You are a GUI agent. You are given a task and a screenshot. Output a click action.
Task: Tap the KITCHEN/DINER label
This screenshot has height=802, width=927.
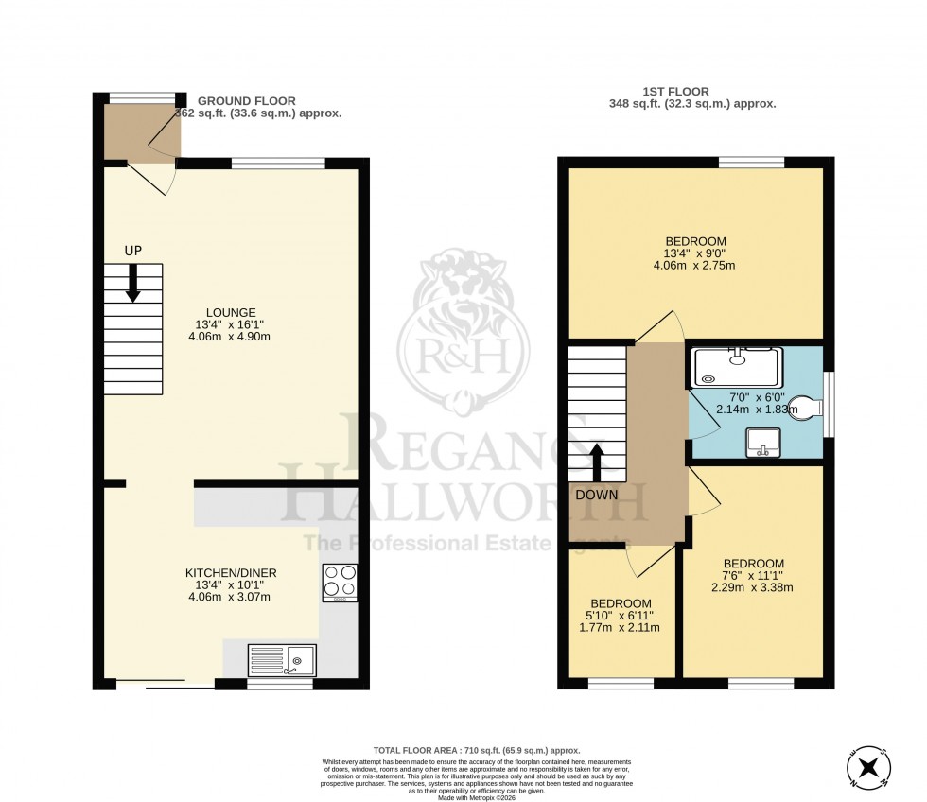click(226, 573)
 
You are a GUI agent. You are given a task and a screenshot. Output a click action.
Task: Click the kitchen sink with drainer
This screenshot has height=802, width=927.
click(282, 658)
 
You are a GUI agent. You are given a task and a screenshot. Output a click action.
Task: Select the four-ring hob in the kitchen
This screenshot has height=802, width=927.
click(340, 583)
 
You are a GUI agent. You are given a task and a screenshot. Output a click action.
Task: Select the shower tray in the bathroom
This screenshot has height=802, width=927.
click(738, 367)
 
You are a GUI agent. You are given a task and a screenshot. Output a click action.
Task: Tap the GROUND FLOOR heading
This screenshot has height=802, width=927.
click(247, 100)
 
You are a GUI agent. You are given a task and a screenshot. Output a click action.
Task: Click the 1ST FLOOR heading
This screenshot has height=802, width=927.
click(692, 92)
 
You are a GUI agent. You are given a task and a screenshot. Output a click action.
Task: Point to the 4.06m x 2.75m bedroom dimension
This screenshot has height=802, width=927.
click(693, 265)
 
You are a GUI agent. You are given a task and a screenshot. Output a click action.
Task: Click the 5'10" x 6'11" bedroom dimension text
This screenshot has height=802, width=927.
click(621, 616)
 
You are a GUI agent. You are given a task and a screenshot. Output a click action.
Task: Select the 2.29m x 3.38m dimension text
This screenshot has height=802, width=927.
click(753, 587)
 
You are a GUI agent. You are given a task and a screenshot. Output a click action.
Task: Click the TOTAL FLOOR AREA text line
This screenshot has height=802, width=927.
click(463, 750)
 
